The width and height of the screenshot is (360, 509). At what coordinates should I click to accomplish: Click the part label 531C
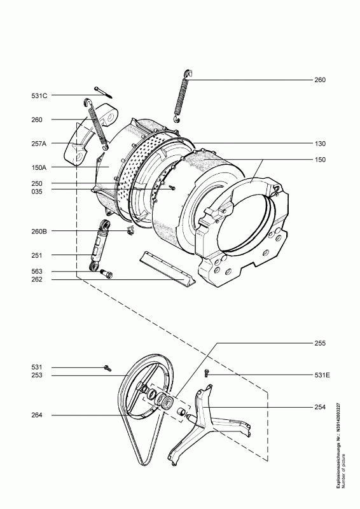point(39,96)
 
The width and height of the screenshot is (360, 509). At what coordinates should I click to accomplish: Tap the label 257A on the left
point(39,144)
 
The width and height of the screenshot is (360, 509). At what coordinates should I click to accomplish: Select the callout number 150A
point(39,167)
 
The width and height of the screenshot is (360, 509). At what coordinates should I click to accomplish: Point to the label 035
point(37,192)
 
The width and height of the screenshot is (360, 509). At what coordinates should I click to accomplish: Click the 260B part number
point(39,232)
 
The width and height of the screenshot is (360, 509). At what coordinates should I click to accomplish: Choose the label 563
point(37,272)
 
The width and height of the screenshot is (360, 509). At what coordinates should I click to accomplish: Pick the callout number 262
point(37,279)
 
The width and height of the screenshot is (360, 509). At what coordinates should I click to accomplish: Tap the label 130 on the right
point(320,144)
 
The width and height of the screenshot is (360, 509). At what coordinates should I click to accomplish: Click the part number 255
point(320,343)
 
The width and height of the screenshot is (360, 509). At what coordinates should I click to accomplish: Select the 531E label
point(322,375)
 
